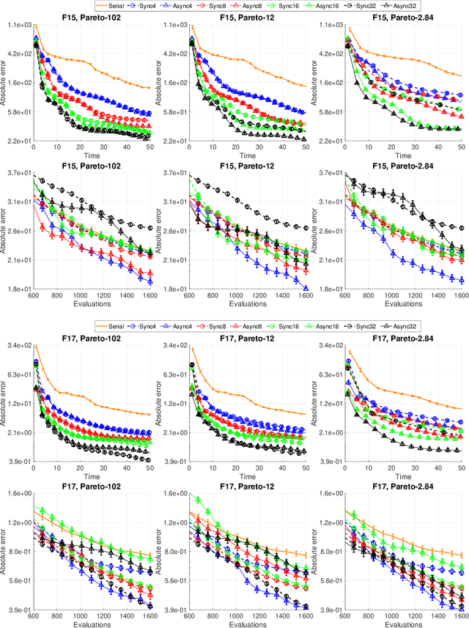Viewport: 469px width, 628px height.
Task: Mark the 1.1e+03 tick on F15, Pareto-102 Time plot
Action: pos(16,25)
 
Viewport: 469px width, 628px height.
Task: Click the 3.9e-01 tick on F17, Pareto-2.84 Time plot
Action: pos(327,462)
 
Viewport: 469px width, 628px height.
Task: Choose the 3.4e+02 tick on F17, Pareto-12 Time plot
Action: pos(171,345)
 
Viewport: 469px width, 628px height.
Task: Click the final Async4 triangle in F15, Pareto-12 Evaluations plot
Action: pos(305,287)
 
